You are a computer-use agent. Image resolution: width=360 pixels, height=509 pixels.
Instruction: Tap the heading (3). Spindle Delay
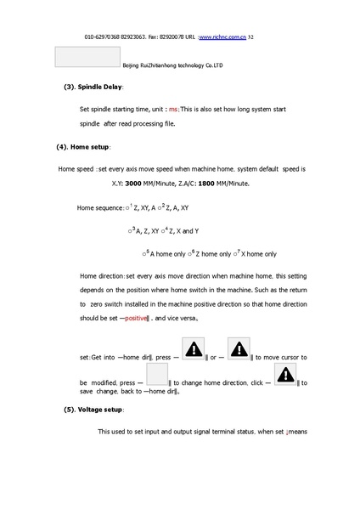94,88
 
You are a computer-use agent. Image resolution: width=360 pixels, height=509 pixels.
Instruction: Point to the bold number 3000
136,183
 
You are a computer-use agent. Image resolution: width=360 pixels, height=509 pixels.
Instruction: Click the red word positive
136,318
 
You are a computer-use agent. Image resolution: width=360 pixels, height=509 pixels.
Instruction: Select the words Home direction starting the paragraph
102,277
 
